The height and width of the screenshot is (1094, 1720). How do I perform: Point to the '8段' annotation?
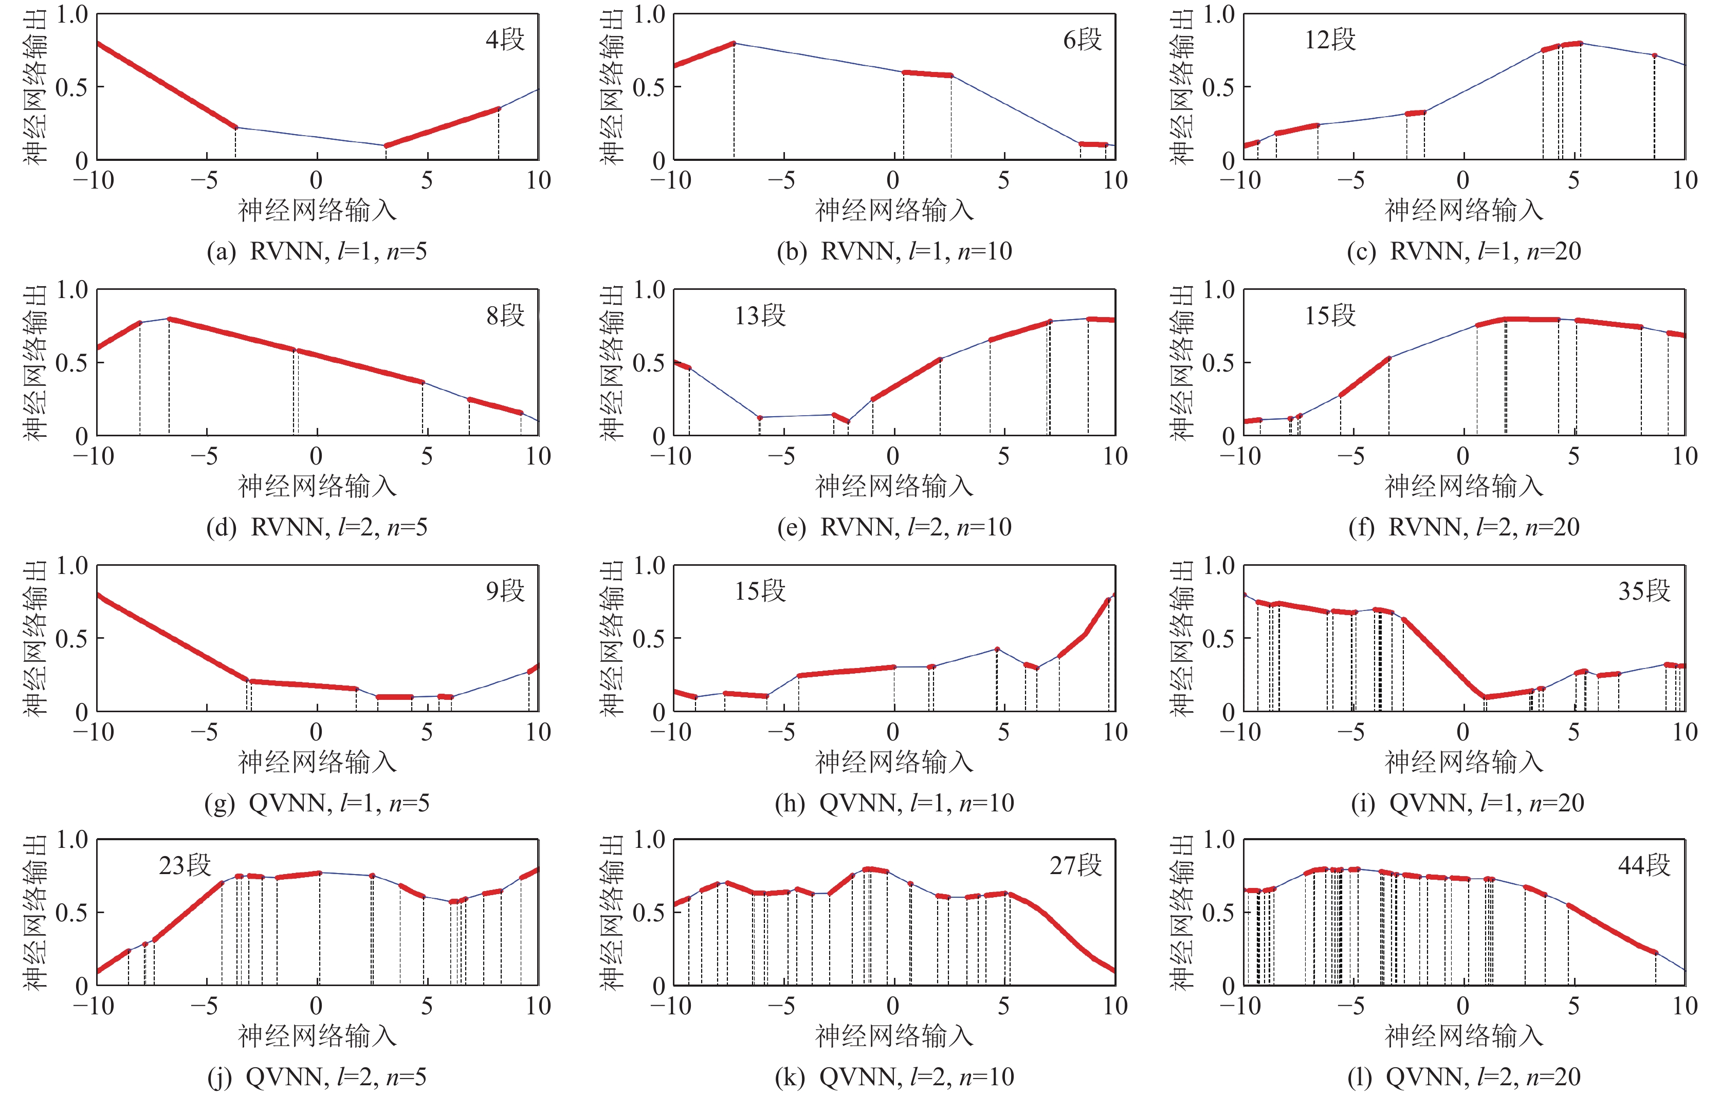(505, 315)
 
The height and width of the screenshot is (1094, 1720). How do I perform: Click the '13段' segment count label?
(760, 315)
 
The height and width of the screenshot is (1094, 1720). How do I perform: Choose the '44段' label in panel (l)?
(1643, 865)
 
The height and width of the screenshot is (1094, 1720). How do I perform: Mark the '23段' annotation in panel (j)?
(185, 865)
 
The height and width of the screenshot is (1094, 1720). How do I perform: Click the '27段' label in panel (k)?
(1075, 865)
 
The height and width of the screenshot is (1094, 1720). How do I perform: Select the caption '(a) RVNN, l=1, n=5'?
(317, 251)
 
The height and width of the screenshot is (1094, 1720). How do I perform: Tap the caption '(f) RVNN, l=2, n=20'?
(1463, 527)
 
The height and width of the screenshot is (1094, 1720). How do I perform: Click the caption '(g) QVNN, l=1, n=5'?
(317, 803)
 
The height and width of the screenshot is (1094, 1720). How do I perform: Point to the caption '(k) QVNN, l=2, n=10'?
(894, 1077)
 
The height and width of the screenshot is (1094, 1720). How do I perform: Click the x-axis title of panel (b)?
(894, 210)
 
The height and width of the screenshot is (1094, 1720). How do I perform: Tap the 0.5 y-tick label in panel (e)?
(648, 363)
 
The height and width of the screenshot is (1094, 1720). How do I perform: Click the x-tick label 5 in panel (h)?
(1003, 732)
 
